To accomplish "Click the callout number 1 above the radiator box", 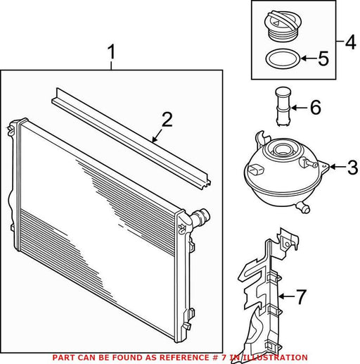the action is coord(112,52).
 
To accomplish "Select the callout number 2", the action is coord(167,120).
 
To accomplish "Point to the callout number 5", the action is coord(323,58).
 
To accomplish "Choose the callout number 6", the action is coord(316,107).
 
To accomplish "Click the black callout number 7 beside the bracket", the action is coord(301,296).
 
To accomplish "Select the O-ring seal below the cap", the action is coord(283,58).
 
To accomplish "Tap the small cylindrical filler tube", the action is coord(283,106).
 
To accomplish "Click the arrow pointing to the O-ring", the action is coord(309,58).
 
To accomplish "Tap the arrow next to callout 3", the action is coord(337,167).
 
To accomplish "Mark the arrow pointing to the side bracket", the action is coord(286,296).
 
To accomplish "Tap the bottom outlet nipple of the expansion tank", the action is coord(303,207).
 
